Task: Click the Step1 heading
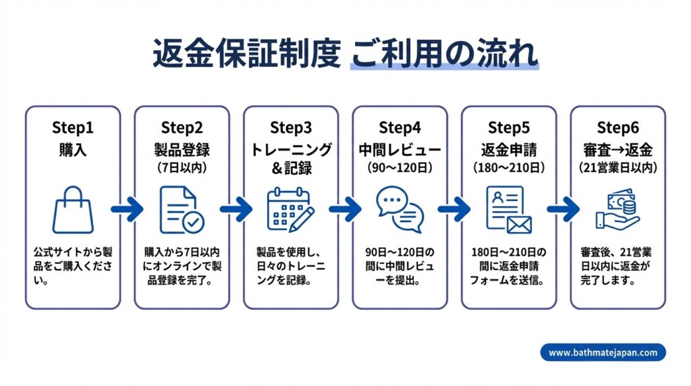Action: [73, 128]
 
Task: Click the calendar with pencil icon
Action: [290, 209]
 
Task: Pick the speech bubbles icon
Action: [399, 209]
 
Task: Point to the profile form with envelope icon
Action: [509, 209]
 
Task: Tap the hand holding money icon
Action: [617, 209]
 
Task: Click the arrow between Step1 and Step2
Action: [127, 209]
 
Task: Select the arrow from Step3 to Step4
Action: [345, 209]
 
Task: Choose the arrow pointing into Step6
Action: [563, 209]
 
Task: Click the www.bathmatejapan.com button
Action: [603, 352]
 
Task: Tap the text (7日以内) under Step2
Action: [182, 165]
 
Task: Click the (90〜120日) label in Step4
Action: [399, 165]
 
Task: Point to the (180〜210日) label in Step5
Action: [509, 165]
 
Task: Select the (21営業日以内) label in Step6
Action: [617, 165]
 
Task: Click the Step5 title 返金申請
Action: [509, 148]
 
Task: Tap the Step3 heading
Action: [291, 128]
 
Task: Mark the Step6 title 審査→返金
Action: [617, 148]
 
